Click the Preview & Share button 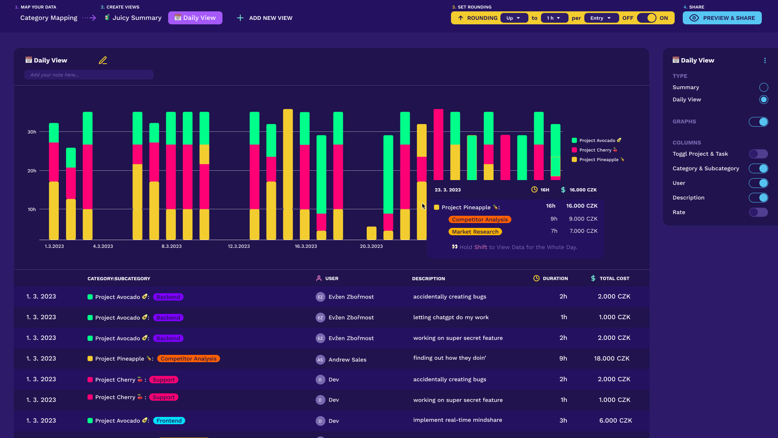click(x=722, y=18)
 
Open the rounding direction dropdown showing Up click(x=513, y=18)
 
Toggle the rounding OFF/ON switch click(x=646, y=18)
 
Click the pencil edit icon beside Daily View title click(x=103, y=60)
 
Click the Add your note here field click(x=89, y=75)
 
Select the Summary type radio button click(x=763, y=87)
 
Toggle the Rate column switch click(x=758, y=212)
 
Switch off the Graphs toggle click(x=758, y=122)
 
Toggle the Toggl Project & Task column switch click(x=758, y=154)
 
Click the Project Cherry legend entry click(x=595, y=150)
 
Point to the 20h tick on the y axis click(x=32, y=171)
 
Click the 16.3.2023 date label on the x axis click(x=306, y=246)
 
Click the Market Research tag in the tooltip click(x=475, y=232)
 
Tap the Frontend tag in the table click(x=169, y=421)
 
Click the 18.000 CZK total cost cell click(x=611, y=359)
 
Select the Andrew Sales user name click(x=347, y=360)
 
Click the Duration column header click(x=555, y=278)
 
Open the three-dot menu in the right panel click(x=765, y=60)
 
